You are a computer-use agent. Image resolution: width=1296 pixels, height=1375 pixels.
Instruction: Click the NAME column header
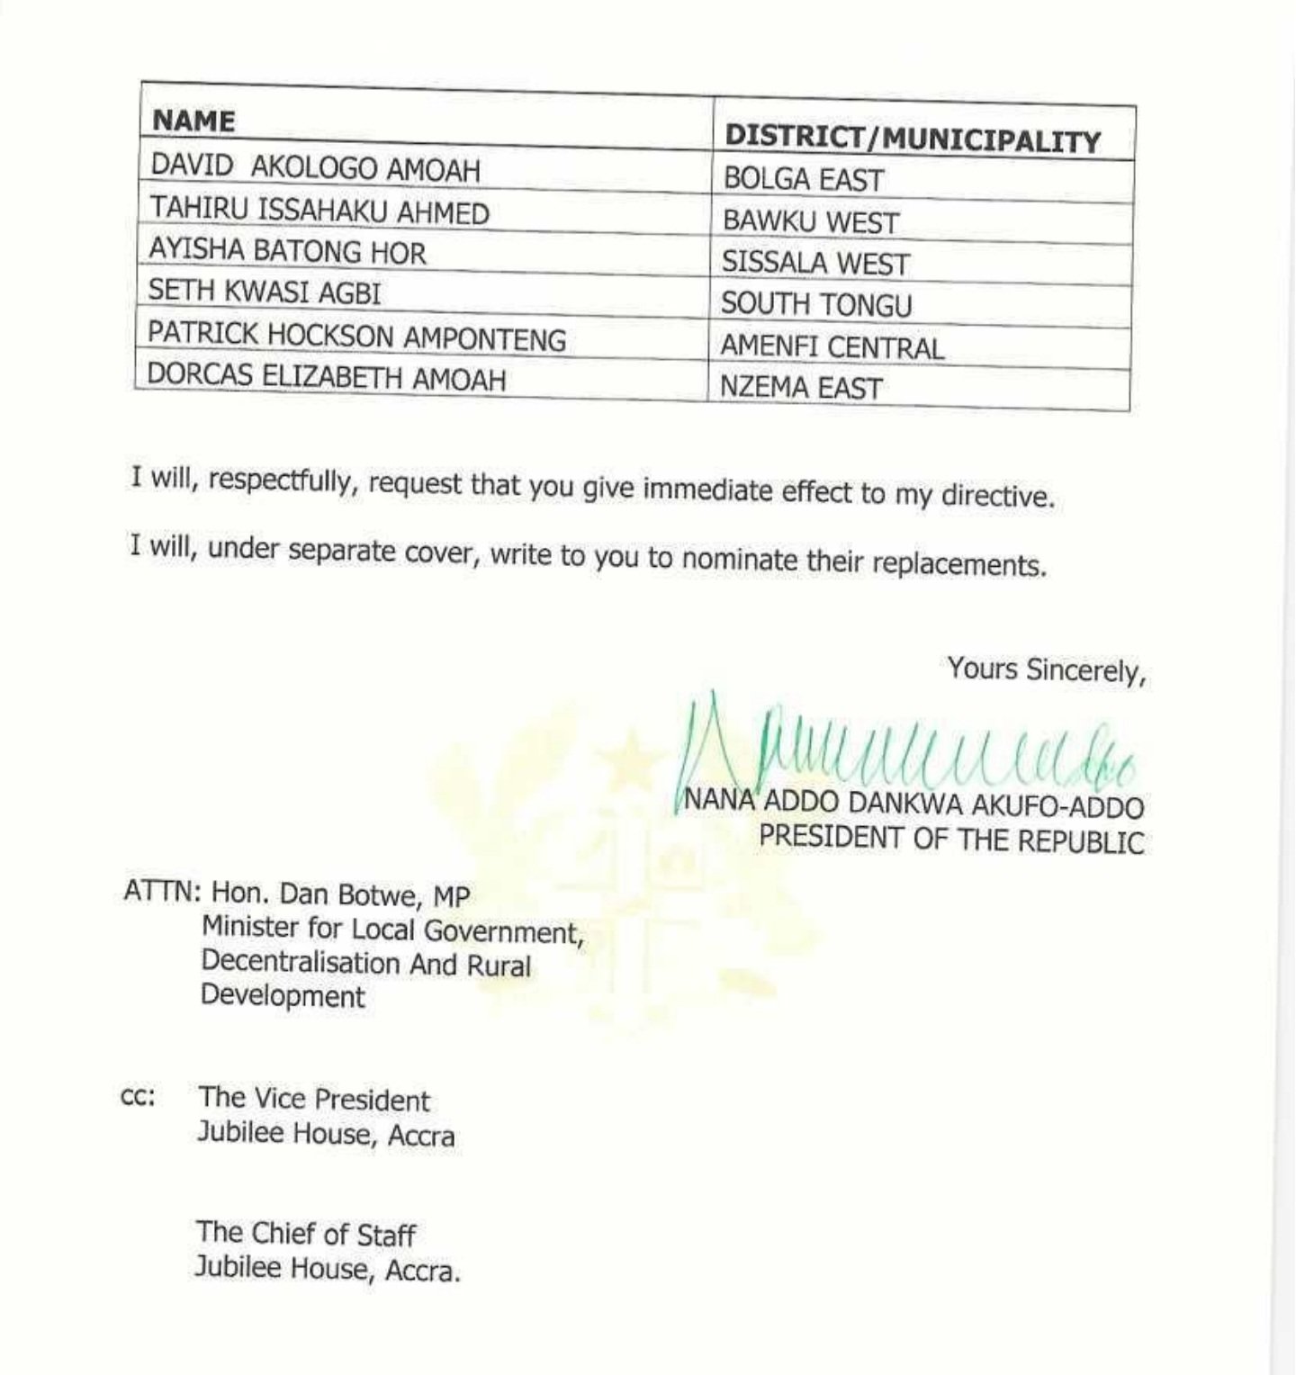click(193, 121)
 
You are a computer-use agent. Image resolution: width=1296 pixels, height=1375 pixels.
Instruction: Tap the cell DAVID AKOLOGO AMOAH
click(315, 168)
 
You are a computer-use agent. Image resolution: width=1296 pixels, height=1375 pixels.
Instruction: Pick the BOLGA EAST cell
click(803, 180)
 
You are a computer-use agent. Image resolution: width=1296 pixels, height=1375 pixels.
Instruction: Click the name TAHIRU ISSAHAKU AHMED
click(319, 211)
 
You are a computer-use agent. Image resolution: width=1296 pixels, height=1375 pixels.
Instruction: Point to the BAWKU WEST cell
click(811, 222)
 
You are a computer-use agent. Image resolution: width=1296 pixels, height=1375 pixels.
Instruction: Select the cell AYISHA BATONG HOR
click(287, 252)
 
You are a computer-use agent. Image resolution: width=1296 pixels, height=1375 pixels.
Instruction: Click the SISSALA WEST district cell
click(815, 264)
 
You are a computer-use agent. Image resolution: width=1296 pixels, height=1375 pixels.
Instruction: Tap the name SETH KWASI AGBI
click(265, 292)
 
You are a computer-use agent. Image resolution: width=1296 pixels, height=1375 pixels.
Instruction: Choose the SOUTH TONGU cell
click(816, 305)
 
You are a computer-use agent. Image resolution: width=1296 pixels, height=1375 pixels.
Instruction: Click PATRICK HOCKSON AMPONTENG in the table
click(356, 337)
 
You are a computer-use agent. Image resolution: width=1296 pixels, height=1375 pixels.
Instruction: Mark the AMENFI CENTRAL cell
click(832, 347)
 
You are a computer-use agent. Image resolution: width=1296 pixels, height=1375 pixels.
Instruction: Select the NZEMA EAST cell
click(801, 388)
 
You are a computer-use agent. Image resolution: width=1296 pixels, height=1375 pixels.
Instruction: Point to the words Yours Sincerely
click(1046, 670)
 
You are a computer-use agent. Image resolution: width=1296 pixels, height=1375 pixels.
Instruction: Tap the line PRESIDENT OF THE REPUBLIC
click(951, 839)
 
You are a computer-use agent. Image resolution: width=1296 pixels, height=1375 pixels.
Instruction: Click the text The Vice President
click(314, 1100)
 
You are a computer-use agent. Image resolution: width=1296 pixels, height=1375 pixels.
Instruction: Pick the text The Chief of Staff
click(306, 1234)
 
